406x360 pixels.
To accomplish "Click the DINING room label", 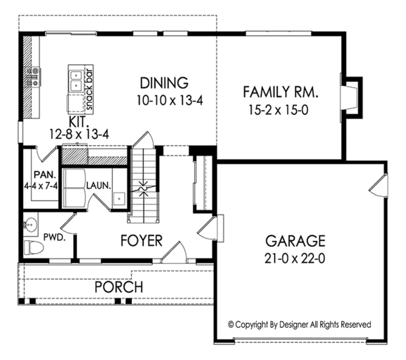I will (163, 83).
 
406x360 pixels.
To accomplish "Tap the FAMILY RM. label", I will (280, 91).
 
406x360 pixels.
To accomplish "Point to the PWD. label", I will (54, 238).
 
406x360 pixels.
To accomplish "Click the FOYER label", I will (141, 240).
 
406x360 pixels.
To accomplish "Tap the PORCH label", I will (118, 287).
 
